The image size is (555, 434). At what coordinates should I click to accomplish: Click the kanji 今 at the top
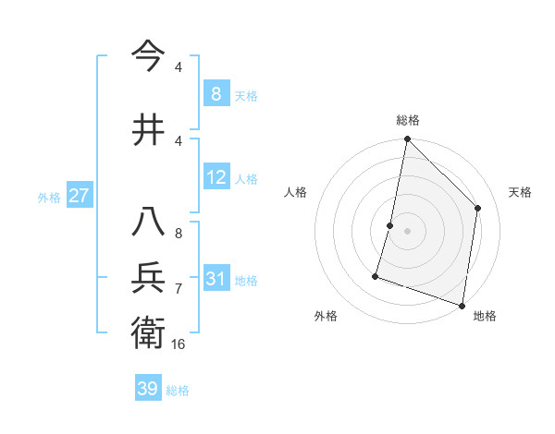coord(150,56)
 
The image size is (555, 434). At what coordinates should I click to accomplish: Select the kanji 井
coord(150,129)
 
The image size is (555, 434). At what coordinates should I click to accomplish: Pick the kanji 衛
coord(150,332)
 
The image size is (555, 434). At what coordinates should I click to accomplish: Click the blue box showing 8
coord(216,93)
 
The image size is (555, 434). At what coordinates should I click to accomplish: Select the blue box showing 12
coord(216,177)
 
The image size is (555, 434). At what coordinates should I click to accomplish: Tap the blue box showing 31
coord(216,279)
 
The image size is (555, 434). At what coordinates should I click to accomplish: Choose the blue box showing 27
coord(79,196)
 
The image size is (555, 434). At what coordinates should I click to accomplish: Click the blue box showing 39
coord(148,389)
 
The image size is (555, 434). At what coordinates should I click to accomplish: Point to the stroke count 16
coord(179,344)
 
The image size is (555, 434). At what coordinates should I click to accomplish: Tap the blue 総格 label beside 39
coord(178,391)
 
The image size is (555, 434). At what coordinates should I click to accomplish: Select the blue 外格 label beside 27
coord(48,197)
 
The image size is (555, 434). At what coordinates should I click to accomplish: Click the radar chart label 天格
coord(520,192)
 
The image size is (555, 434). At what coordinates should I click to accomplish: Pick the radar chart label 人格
coord(295,192)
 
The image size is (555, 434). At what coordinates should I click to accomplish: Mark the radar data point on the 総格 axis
coord(407,139)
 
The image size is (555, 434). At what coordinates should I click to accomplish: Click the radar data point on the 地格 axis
coord(461,305)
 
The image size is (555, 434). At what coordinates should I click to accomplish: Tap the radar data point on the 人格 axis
coord(390,225)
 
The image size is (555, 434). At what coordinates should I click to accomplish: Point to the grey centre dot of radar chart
coord(407,231)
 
